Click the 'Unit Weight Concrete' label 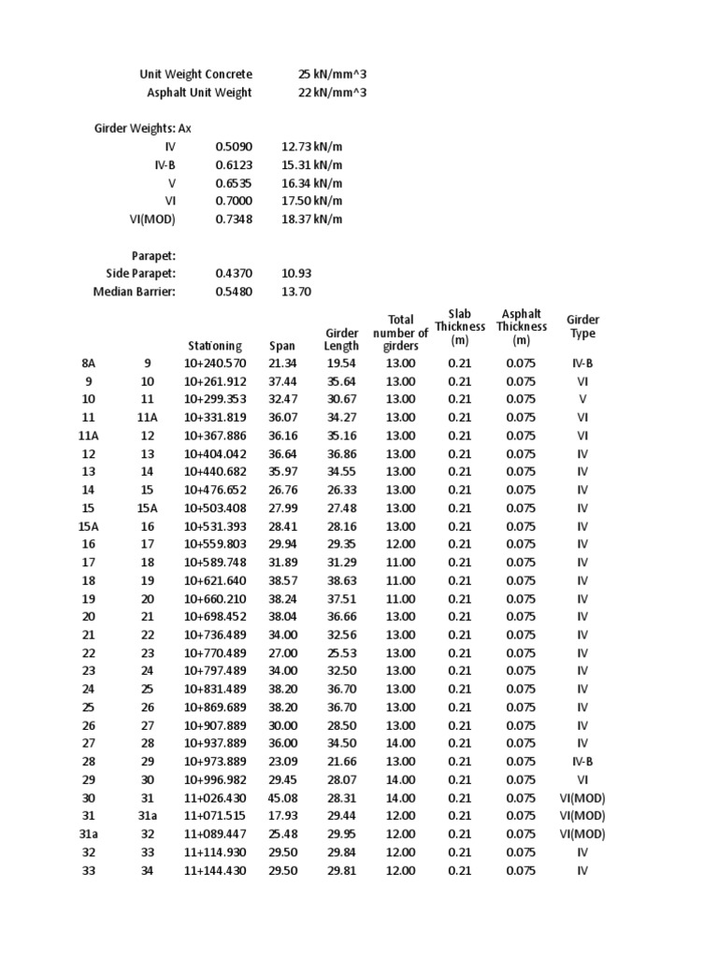195,74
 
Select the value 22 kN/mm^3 333,93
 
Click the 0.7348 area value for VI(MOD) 234,219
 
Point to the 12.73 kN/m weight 311,147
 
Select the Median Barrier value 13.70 295,292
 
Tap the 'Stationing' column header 214,346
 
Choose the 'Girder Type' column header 582,327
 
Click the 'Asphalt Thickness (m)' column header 521,327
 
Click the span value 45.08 281,798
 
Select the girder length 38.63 341,580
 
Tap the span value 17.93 281,816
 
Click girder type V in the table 582,400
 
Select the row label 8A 89,364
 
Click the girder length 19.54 341,364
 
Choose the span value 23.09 281,762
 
